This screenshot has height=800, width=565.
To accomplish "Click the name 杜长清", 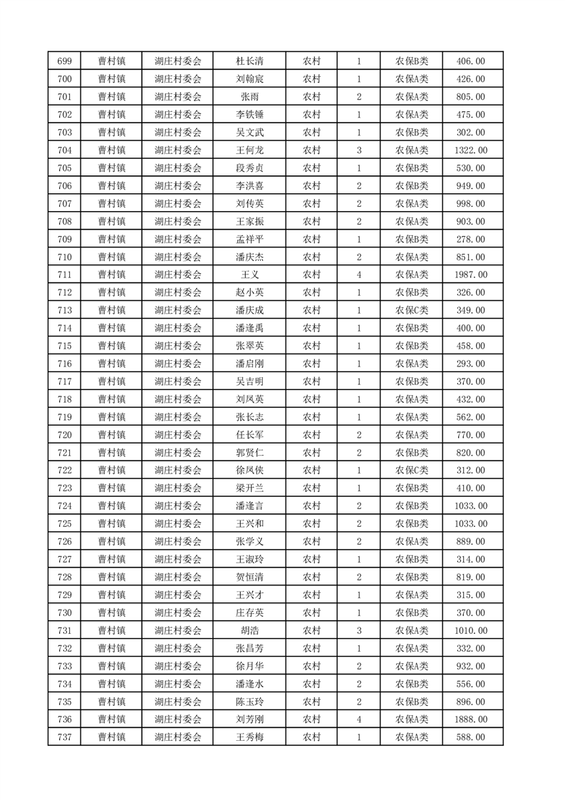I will [249, 61].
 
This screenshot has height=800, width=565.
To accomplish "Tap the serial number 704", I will [64, 150].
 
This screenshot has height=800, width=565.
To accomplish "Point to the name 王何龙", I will [249, 150].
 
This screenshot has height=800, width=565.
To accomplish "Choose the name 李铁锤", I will [249, 115].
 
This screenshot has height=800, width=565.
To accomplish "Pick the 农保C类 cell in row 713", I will [412, 310].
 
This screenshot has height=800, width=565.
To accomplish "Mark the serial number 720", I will [64, 435].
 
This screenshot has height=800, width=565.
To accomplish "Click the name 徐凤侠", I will [249, 471].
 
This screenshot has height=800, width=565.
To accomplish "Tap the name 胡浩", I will [249, 630].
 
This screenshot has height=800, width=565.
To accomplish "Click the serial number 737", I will [64, 737].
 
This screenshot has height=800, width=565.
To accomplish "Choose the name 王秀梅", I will [249, 737].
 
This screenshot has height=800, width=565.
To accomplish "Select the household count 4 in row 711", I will [358, 275].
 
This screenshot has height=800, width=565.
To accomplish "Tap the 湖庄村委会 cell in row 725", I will [177, 524].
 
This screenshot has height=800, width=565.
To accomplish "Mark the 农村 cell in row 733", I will [311, 666].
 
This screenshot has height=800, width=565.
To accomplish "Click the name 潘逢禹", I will [249, 328].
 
